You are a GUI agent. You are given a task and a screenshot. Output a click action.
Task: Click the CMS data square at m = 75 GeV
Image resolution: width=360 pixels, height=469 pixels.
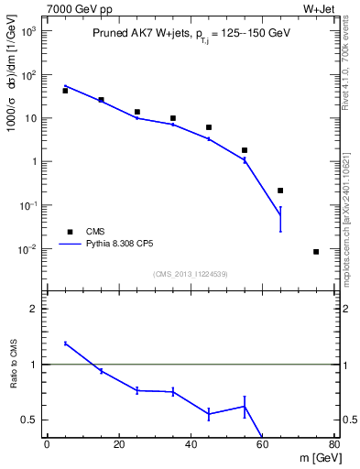coord(316,252)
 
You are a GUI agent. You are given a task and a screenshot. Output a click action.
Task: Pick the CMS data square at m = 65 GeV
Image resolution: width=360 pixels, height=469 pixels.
coord(280,191)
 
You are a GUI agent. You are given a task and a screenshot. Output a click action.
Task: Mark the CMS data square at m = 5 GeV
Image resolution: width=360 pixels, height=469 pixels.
coord(65,91)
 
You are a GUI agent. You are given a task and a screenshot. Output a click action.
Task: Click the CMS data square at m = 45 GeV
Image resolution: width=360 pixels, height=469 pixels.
coord(209,127)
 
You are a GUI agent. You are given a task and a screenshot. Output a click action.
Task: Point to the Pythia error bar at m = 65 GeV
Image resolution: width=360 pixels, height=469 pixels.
coord(280,218)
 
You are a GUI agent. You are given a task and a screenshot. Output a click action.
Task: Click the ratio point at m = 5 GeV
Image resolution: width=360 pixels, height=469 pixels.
coord(65,344)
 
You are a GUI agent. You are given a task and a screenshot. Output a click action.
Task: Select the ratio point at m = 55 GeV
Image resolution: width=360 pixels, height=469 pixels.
coord(245,406)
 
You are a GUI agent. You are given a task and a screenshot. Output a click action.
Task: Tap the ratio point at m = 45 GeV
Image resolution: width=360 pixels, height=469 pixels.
coord(209,414)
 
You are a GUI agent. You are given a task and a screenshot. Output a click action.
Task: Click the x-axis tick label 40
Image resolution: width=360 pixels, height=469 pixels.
coord(191,445)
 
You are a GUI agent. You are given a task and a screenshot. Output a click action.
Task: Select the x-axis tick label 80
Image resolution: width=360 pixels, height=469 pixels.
coord(333,445)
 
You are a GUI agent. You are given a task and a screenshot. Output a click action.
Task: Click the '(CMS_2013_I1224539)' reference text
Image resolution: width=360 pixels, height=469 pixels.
coord(190,273)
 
